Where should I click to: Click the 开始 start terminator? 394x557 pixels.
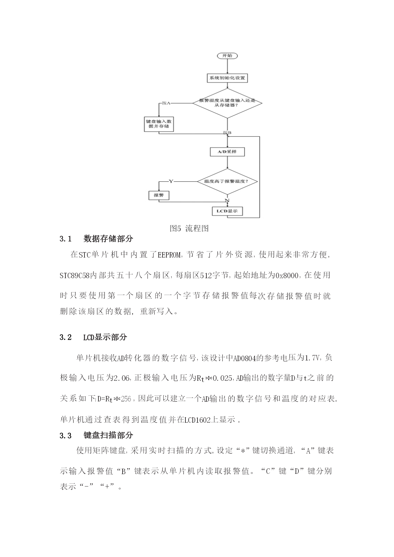point(227,56)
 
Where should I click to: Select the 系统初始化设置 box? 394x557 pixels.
point(227,78)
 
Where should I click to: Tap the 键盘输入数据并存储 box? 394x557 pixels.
point(159,124)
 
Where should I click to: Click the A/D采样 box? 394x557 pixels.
point(227,152)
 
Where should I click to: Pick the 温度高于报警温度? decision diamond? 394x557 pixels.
point(227,181)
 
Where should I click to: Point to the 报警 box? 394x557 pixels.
point(159,195)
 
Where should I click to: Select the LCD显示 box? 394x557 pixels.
point(227,211)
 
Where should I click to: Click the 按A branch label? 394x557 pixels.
point(166,103)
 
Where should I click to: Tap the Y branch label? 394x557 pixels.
point(171,181)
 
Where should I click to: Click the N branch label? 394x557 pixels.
point(227,200)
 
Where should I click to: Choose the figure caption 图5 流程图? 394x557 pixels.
point(189,228)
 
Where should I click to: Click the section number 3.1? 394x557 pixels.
point(65,239)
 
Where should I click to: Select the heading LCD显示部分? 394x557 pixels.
point(105,337)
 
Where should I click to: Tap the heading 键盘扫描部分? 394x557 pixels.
point(108,435)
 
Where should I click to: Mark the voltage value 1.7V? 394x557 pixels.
point(312,358)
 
